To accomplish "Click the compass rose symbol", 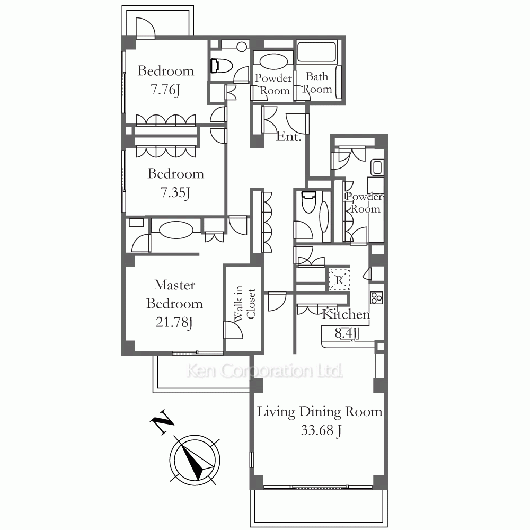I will tap(195, 460).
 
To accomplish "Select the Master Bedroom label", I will tap(174, 294).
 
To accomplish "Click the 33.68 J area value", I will tap(321, 430).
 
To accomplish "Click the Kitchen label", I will tap(346, 314).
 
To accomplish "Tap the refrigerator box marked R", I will tap(338, 278).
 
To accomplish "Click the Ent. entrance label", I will tap(289, 137).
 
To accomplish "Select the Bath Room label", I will tap(317, 83).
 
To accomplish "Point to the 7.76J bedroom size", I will tap(165, 90).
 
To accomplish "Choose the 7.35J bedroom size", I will tap(175, 192).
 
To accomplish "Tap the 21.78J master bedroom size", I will tap(174, 322).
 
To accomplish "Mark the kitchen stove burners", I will tap(376, 298).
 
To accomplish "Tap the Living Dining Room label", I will tap(320, 412).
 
